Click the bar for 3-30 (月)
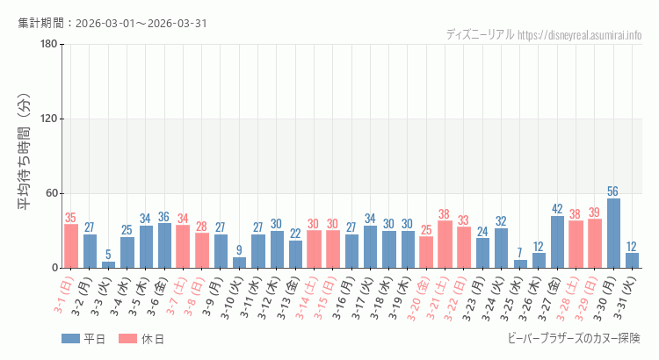[x=613, y=234]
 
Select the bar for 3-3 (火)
[x=108, y=264]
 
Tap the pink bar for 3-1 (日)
[x=71, y=246]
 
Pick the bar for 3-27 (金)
[x=557, y=241]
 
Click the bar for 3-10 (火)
[x=239, y=263]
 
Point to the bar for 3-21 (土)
[x=445, y=244]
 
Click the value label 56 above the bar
[x=613, y=191]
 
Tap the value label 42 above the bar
[x=557, y=209]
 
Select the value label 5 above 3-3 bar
[x=108, y=255]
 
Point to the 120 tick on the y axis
[x=48, y=119]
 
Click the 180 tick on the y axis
[x=48, y=45]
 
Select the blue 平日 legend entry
[x=83, y=339]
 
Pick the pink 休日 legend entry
[x=142, y=339]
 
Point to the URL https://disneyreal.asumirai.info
[x=579, y=35]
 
